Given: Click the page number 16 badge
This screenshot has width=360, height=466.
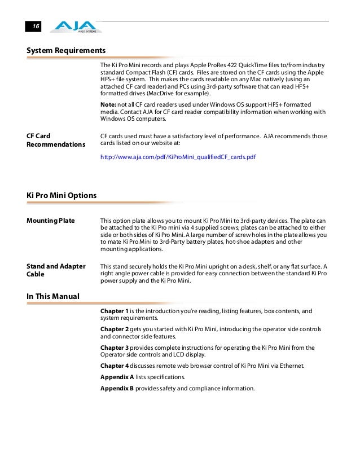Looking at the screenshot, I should (x=35, y=27).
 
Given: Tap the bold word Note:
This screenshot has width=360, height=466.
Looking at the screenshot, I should (x=108, y=105).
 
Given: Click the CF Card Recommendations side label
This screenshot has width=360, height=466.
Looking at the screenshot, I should (x=52, y=140).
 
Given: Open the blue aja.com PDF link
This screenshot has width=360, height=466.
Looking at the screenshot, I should (x=178, y=157).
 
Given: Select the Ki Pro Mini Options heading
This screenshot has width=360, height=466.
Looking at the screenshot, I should (x=62, y=195).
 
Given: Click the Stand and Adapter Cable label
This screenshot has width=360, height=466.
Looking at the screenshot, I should (x=56, y=270).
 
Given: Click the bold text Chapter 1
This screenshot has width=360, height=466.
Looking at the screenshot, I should (x=114, y=311).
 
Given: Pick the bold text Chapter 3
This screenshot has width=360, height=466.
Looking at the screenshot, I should (x=114, y=348).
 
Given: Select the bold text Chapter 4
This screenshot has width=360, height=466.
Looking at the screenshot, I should (x=114, y=366).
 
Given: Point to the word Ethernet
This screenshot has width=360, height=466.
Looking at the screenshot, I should (x=291, y=366).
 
